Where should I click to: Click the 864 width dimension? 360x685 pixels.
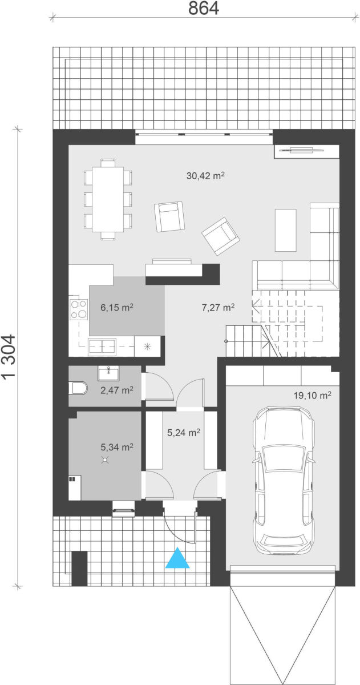tap(203, 8)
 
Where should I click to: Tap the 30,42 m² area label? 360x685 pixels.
tap(205, 176)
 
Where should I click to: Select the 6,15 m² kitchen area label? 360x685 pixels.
tap(117, 307)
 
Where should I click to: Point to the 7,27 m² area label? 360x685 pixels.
tap(218, 307)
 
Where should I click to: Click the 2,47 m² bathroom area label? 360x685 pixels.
tap(117, 390)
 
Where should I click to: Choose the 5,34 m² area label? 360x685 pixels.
tap(117, 447)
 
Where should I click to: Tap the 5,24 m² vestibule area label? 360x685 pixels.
tap(183, 432)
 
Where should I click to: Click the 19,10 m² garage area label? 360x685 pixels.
tap(312, 396)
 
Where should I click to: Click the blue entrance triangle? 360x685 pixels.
tap(177, 559)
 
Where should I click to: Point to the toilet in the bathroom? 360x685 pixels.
tap(78, 388)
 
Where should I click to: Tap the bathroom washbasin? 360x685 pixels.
tap(108, 373)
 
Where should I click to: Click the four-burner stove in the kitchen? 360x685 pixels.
tap(79, 309)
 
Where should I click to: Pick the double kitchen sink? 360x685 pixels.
tap(102, 346)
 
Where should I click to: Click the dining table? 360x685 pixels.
tap(108, 199)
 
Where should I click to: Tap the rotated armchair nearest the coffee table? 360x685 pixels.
tap(220, 236)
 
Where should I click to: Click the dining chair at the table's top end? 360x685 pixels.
tap(108, 163)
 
